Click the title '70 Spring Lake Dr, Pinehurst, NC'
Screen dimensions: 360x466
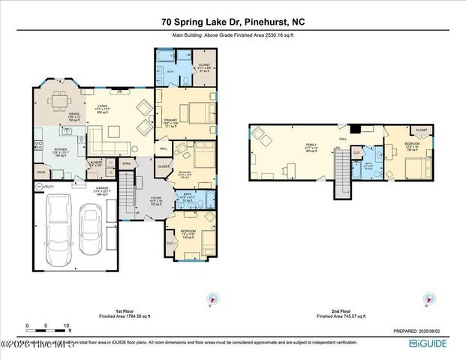[233, 22]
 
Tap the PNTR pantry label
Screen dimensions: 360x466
[40, 171]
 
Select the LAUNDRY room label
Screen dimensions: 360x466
[95, 163]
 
